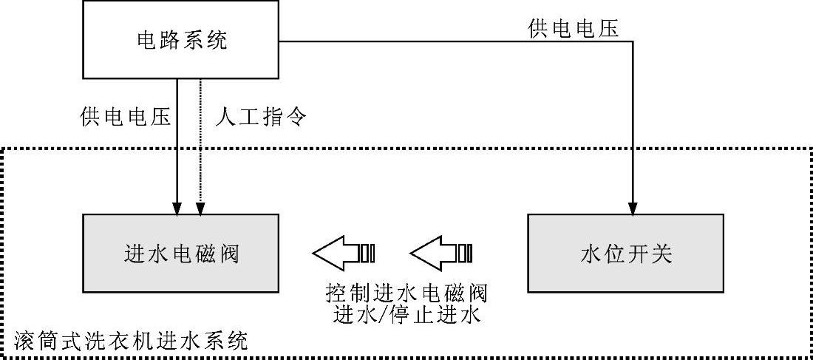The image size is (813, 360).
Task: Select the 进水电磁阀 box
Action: pyautogui.click(x=180, y=253)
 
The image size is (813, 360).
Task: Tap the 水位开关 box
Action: pyautogui.click(x=625, y=253)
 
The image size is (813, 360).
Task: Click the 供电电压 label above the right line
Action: pyautogui.click(x=573, y=28)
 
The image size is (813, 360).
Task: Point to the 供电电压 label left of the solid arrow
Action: pyautogui.click(x=125, y=117)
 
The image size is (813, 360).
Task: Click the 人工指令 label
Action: pyautogui.click(x=259, y=117)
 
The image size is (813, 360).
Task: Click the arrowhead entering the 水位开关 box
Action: pyautogui.click(x=633, y=208)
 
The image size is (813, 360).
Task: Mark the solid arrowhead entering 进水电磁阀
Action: pyautogui.click(x=177, y=208)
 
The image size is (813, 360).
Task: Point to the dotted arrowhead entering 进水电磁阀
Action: pyautogui.click(x=200, y=208)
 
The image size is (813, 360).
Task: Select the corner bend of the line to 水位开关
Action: pyautogui.click(x=633, y=41)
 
